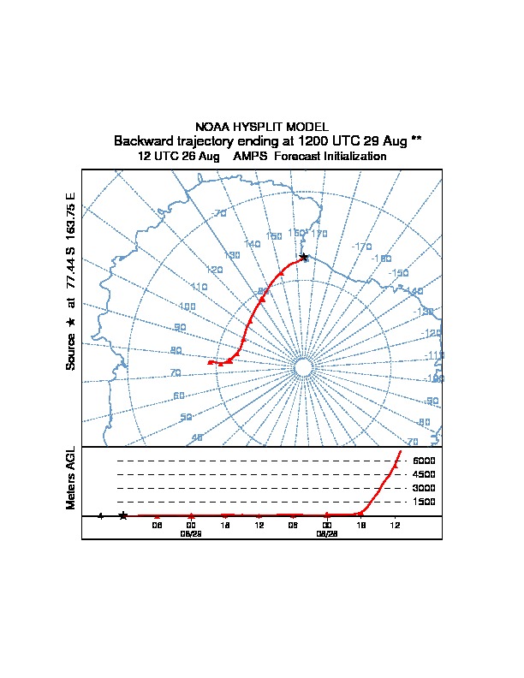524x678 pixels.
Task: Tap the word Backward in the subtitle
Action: (142, 140)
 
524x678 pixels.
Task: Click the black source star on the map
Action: (303, 257)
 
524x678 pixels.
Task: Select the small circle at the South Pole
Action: (302, 367)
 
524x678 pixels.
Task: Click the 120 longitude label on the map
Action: (214, 270)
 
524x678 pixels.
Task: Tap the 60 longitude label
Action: (178, 395)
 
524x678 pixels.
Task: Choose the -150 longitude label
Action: (399, 273)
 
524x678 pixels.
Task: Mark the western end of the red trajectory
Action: (210, 362)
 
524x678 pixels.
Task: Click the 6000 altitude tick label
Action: (424, 461)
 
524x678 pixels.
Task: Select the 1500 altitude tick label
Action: (424, 502)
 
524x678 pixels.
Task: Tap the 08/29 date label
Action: (190, 533)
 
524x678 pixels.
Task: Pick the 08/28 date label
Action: (327, 533)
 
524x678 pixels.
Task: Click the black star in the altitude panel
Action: (123, 515)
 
